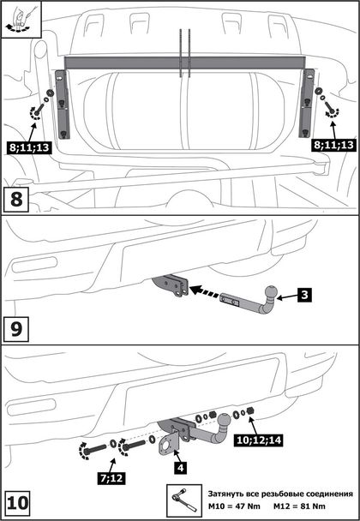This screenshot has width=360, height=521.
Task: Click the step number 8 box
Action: coord(16,200)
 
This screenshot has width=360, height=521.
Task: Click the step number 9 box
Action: coord(16,329)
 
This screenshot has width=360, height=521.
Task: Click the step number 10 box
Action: coord(18,503)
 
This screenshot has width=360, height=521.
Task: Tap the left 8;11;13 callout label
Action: coord(29,147)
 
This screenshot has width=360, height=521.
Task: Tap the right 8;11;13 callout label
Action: coord(333,145)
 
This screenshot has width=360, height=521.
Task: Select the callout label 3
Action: coord(304,295)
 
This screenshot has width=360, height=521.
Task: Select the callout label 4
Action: coord(180,468)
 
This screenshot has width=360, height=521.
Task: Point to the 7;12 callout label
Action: coord(111,477)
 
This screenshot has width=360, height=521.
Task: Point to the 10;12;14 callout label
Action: coord(258,440)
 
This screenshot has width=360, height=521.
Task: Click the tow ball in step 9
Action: coord(272,292)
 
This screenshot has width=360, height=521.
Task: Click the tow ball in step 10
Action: coord(225,421)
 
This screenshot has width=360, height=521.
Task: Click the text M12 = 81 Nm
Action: coord(299,506)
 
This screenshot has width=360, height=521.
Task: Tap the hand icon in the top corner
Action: coord(21,19)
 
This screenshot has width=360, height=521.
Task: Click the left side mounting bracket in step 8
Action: coord(62,104)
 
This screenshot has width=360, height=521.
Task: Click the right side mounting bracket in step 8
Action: coord(307,103)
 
